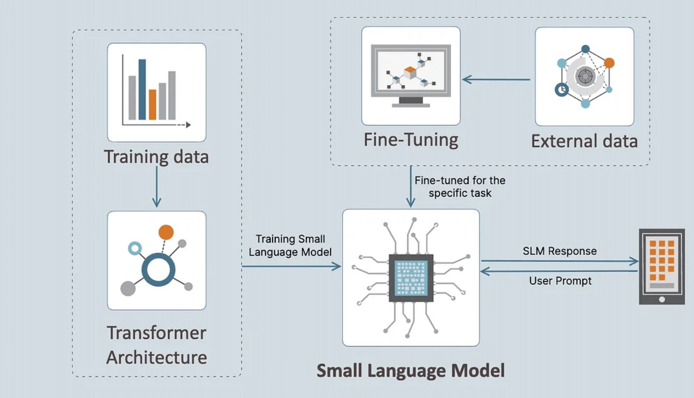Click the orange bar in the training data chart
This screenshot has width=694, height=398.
coord(152,104)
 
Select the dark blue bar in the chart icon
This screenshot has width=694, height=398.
coord(142,89)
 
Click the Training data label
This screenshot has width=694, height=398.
coord(156,156)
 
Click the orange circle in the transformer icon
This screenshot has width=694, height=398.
coord(166,232)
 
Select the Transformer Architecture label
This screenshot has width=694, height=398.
coord(156,345)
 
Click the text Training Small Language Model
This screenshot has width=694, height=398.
coord(290,245)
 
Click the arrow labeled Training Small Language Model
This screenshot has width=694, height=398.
coord(291,266)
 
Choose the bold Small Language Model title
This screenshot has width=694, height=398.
coord(411,370)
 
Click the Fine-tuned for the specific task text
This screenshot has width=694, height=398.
coord(460,187)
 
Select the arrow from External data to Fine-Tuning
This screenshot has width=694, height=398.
coord(496,79)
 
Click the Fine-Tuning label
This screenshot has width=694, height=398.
coord(411,140)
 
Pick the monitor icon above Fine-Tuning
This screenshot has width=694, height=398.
coord(411,75)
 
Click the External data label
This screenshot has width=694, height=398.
coord(584,141)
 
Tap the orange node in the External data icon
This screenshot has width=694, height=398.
coord(609,63)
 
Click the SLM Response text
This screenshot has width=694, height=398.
coord(559,251)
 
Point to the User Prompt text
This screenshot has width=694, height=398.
coord(560,281)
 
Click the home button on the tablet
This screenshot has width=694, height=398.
coord(662,299)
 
